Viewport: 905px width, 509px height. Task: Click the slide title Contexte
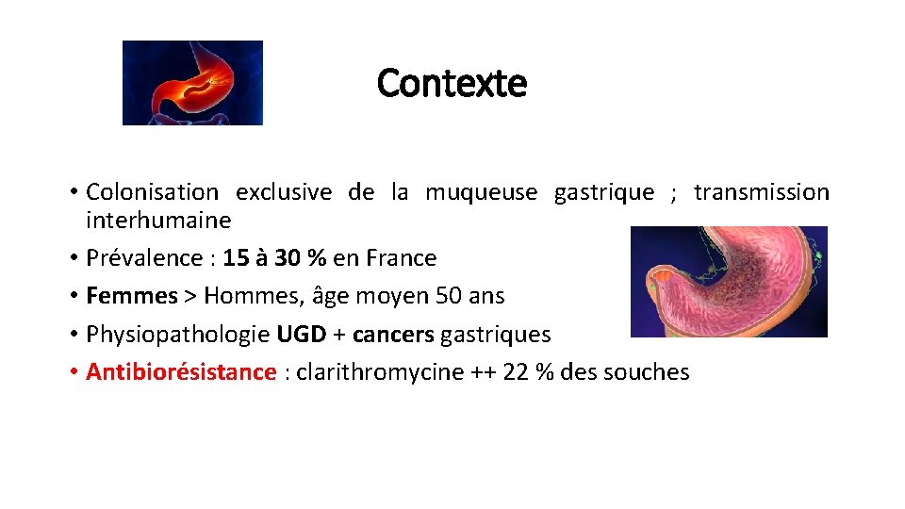point(452,84)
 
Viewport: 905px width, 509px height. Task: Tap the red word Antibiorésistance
point(181,371)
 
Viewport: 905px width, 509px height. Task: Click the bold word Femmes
point(131,296)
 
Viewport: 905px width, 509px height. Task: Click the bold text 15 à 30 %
point(275,258)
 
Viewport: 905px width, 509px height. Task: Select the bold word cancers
point(393,334)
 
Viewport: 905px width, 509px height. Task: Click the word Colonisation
point(152,192)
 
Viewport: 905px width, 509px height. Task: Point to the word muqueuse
point(481,192)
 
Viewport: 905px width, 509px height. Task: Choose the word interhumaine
point(157,221)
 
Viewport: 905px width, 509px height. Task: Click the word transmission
point(762,192)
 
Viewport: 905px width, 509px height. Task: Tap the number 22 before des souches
point(516,371)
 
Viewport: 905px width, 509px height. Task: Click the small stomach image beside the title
point(192,83)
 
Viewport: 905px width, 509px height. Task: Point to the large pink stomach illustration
point(728,282)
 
